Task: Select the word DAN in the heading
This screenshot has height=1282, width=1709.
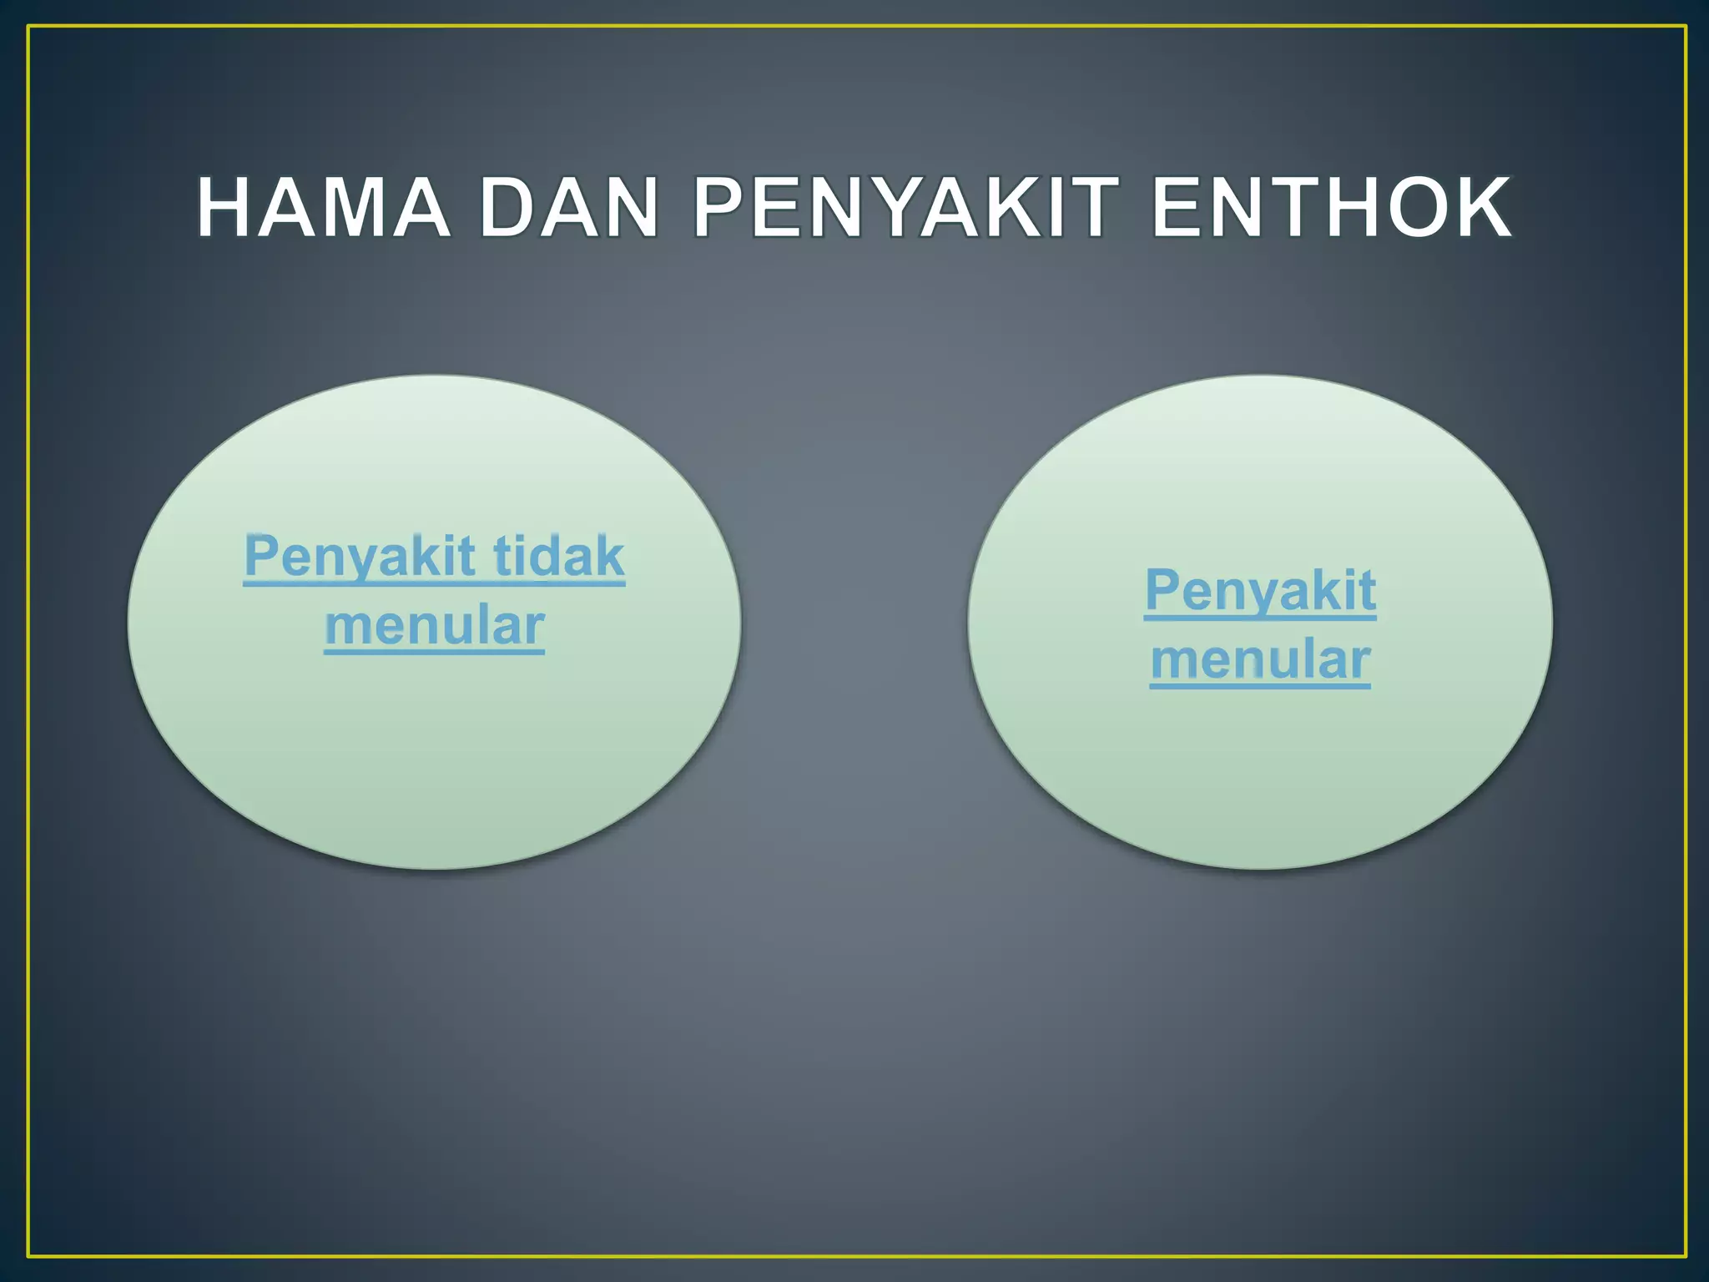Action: tap(570, 208)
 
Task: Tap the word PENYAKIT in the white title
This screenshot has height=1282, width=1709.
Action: tap(905, 208)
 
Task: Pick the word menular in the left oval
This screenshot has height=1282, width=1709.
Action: tap(434, 626)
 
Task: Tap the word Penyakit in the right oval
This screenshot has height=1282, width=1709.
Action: tap(1260, 591)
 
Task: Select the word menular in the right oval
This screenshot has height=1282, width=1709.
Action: tap(1260, 660)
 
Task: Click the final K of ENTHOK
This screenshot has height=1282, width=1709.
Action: tap(1481, 208)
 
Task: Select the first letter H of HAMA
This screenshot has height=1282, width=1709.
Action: tap(226, 208)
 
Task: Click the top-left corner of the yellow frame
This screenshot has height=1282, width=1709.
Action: tap(28, 27)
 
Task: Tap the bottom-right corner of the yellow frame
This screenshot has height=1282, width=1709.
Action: tap(1686, 1256)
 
